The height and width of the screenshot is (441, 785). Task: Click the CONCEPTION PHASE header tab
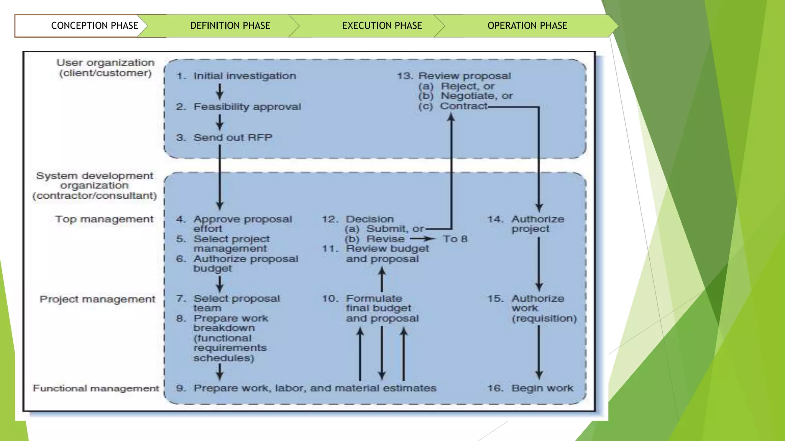pos(94,26)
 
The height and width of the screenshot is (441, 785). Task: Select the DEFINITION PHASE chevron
pos(230,26)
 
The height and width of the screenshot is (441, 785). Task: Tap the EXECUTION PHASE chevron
pos(382,26)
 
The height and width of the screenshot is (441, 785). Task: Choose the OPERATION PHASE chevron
pos(527,26)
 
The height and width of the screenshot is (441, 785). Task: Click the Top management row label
pos(104,219)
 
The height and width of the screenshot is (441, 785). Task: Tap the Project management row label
pos(97,299)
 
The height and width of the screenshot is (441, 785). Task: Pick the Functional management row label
pos(96,388)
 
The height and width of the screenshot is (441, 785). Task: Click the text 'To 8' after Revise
pos(455,239)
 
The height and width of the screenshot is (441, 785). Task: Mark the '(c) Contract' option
pos(453,106)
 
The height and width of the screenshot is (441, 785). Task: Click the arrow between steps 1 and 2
pos(220,91)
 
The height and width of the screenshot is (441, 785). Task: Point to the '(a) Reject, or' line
pos(456,86)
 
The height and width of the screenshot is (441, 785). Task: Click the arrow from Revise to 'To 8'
pos(423,239)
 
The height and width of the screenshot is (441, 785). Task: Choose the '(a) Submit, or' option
pos(384,229)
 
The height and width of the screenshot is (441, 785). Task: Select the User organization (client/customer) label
pos(105,68)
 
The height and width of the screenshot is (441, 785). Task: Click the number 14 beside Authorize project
pos(495,219)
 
